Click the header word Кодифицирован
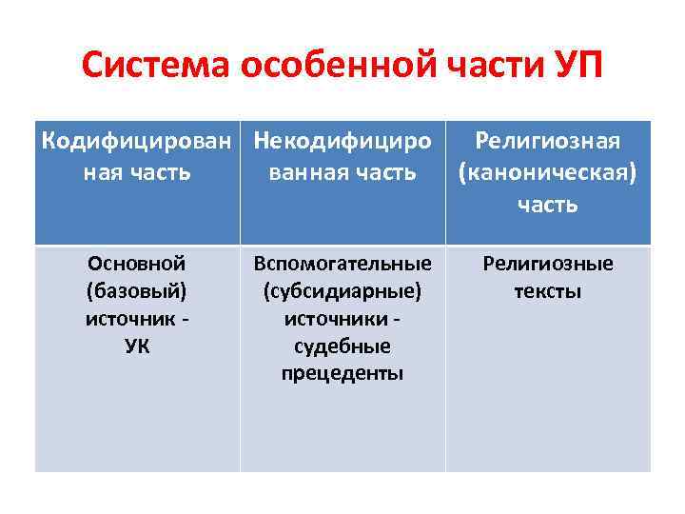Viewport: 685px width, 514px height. [137, 142]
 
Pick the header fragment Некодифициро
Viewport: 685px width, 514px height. [342, 142]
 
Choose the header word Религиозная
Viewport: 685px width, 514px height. [548, 142]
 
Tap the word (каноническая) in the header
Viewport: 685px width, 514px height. [548, 173]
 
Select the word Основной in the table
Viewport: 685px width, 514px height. [137, 264]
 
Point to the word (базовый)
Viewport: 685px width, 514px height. [137, 290]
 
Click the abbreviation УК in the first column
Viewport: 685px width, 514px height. [137, 346]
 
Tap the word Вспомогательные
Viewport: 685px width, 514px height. [342, 264]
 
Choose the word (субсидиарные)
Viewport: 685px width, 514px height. [342, 290]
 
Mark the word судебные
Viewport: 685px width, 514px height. [342, 346]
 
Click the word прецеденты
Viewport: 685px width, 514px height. [342, 373]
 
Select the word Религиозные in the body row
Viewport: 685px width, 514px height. [548, 264]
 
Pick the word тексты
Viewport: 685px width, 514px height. [548, 290]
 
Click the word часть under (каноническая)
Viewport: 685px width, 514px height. [548, 205]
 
